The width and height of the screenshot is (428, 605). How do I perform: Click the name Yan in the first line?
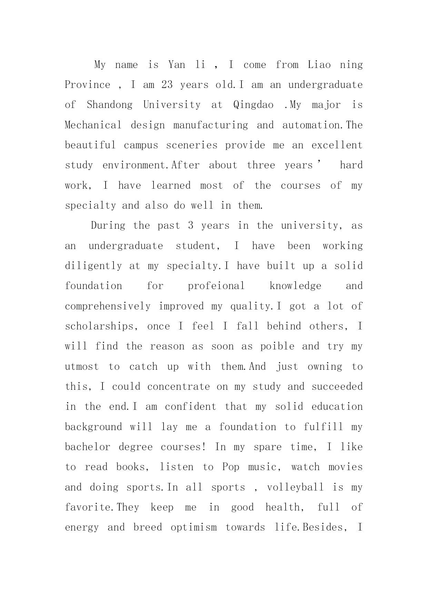[x=177, y=65]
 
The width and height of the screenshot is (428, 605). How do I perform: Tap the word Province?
[x=88, y=85]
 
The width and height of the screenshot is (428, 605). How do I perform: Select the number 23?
[x=167, y=85]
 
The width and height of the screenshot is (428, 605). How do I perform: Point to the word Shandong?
[x=109, y=105]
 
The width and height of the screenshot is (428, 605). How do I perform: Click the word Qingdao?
[x=253, y=105]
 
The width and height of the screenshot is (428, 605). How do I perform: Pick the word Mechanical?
[x=93, y=125]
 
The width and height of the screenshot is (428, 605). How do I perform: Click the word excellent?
[x=337, y=145]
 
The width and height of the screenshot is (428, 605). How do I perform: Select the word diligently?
[x=93, y=266]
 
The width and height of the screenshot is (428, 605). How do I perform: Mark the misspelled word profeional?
[x=216, y=286]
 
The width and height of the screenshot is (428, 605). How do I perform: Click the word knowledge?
[x=295, y=286]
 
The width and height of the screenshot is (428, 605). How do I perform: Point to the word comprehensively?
[x=108, y=306]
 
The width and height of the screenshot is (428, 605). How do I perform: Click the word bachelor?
[x=88, y=447]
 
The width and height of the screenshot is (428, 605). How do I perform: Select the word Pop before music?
[x=231, y=467]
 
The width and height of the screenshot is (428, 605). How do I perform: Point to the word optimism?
[x=194, y=527]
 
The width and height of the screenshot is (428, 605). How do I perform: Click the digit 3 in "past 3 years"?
[x=191, y=226]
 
